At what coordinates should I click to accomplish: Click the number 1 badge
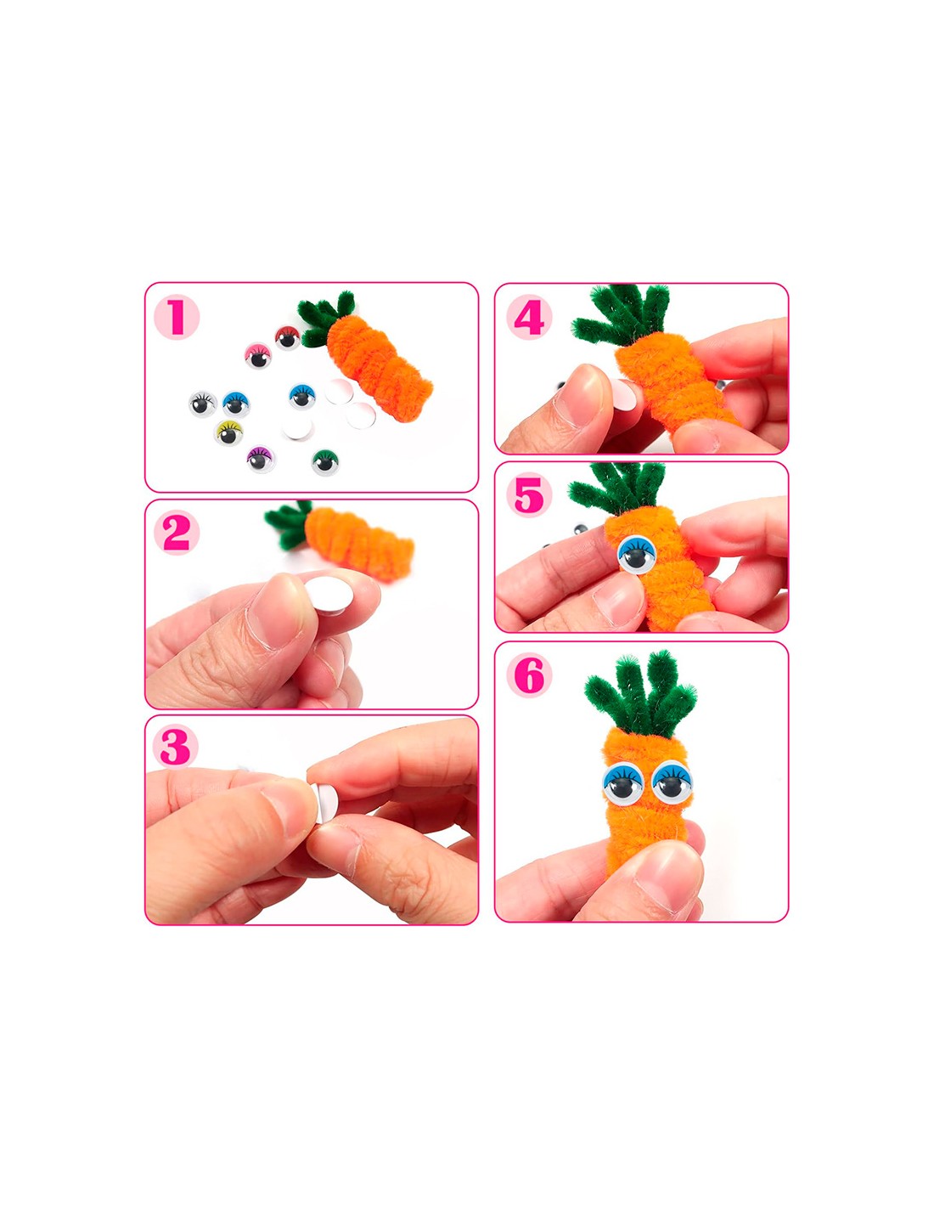tap(176, 317)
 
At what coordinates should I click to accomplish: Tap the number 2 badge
tap(176, 533)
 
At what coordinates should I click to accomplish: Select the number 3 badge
tap(175, 748)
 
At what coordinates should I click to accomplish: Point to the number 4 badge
tap(529, 317)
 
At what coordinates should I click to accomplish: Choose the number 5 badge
tap(529, 494)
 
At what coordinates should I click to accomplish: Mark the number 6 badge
tap(529, 675)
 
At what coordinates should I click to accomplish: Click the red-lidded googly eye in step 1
tap(287, 337)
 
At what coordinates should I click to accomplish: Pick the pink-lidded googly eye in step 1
tap(258, 356)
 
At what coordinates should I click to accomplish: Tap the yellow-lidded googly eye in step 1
tap(228, 433)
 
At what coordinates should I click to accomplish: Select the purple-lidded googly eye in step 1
tap(262, 459)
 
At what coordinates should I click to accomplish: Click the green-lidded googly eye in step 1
tap(325, 462)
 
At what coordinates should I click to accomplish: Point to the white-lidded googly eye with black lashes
tap(202, 404)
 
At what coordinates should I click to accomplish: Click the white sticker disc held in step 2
tap(330, 596)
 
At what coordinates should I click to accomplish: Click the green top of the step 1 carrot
tap(325, 319)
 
